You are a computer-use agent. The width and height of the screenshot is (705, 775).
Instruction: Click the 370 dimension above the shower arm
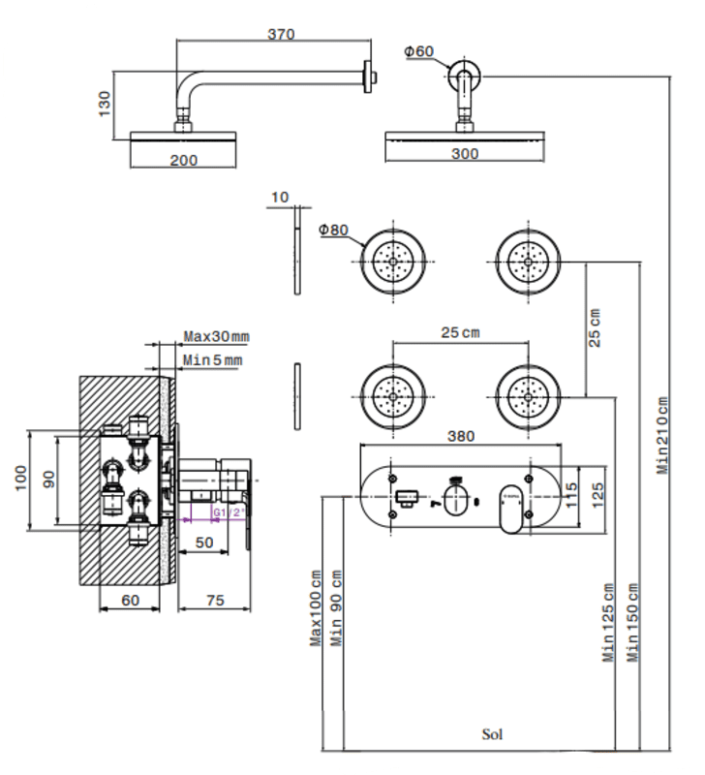[x=281, y=34]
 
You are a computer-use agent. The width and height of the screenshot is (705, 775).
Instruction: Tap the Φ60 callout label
[x=419, y=51]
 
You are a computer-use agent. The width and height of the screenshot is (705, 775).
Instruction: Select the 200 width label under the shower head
[x=183, y=160]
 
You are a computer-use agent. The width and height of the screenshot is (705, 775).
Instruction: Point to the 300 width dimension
[x=465, y=154]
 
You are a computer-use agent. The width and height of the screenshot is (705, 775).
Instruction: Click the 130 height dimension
[x=105, y=104]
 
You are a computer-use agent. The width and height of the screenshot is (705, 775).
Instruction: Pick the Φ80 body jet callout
[x=333, y=230]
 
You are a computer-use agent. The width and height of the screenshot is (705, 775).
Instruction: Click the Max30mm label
[x=216, y=336]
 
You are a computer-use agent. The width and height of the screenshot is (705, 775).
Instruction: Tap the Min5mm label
[x=212, y=359]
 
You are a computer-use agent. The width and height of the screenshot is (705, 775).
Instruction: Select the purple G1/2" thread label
[x=229, y=512]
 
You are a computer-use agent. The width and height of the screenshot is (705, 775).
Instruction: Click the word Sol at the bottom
[x=492, y=734]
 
